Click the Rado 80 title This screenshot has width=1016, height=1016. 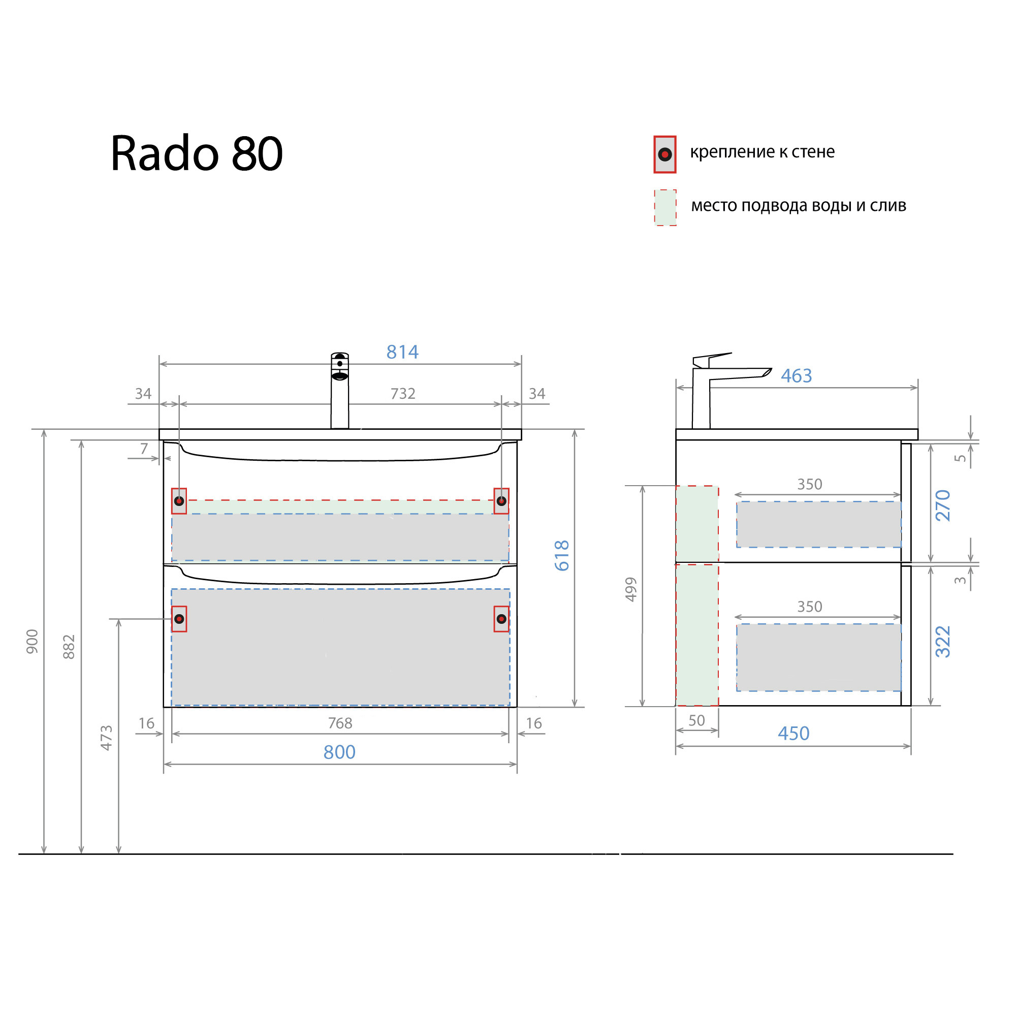(196, 153)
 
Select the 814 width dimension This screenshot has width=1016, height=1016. (402, 352)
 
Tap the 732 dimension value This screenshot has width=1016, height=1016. (403, 393)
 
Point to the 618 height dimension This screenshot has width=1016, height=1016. (562, 555)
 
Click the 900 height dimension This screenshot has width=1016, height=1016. (33, 642)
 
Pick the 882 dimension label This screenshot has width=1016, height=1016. (69, 647)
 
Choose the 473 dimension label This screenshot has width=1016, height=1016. (106, 737)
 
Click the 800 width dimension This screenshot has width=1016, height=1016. (339, 752)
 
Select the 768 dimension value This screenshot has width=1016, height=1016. (340, 723)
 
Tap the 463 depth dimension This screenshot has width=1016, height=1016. (796, 375)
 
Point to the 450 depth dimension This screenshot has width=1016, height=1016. (793, 733)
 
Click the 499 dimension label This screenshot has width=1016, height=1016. (631, 589)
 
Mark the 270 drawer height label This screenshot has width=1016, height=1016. (943, 505)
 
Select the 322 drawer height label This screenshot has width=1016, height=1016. (943, 642)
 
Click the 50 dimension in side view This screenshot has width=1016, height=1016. (696, 720)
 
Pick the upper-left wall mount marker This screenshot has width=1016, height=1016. (179, 501)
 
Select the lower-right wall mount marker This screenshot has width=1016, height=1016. (501, 619)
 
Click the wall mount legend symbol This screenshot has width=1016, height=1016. (664, 154)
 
